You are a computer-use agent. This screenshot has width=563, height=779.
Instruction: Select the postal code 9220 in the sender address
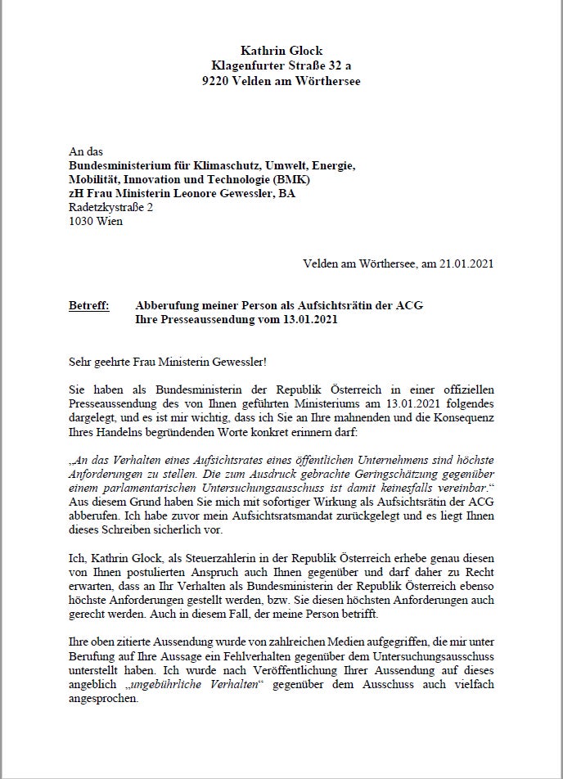tap(216, 81)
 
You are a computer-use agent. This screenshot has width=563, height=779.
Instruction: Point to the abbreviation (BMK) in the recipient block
tap(294, 180)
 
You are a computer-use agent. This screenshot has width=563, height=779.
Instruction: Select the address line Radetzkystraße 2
tap(110, 208)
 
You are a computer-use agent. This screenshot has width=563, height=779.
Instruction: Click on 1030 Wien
tap(96, 222)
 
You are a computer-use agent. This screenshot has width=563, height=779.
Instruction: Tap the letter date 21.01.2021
tap(465, 263)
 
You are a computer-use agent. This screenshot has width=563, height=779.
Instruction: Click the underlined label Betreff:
tap(88, 305)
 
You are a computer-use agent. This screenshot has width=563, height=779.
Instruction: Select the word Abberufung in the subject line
tap(166, 305)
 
